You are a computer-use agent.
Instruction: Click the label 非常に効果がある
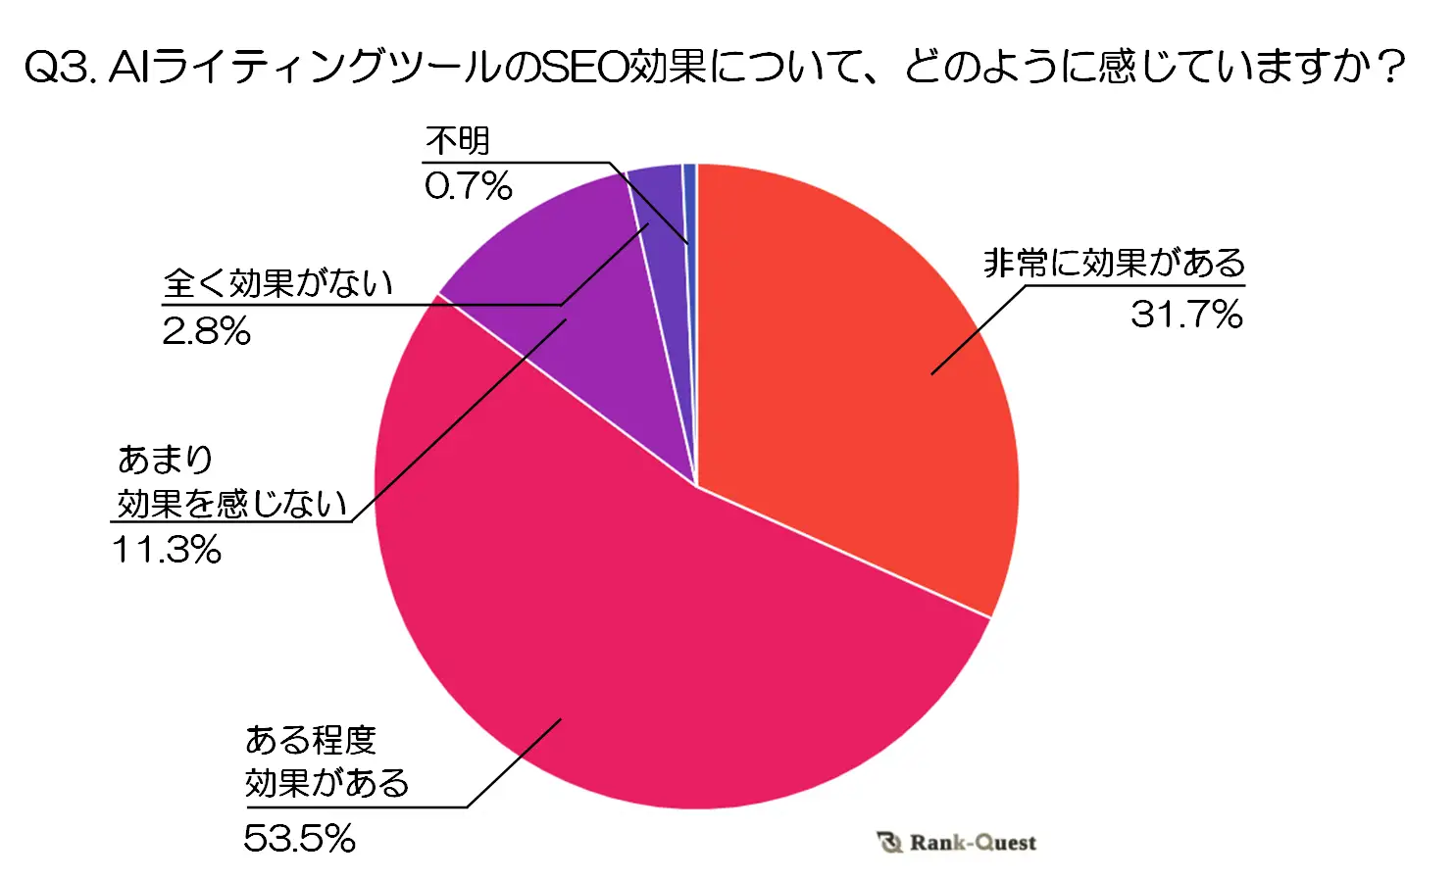click(x=1114, y=263)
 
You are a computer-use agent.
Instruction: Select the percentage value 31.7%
click(x=1186, y=315)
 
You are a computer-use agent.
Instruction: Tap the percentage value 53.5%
click(x=299, y=838)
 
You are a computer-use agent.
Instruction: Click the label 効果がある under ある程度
click(x=326, y=783)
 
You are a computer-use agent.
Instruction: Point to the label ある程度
click(x=310, y=740)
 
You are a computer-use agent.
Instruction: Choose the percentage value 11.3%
click(x=167, y=550)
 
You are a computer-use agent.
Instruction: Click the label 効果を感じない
click(x=232, y=504)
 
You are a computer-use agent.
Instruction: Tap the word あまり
click(x=165, y=459)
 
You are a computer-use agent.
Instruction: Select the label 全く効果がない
click(x=277, y=283)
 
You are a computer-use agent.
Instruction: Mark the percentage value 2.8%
click(x=206, y=332)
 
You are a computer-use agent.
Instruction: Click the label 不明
click(x=457, y=141)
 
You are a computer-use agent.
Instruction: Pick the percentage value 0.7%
click(x=468, y=185)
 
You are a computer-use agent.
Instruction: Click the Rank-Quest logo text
click(x=972, y=843)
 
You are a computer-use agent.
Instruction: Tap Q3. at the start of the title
click(x=59, y=68)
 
